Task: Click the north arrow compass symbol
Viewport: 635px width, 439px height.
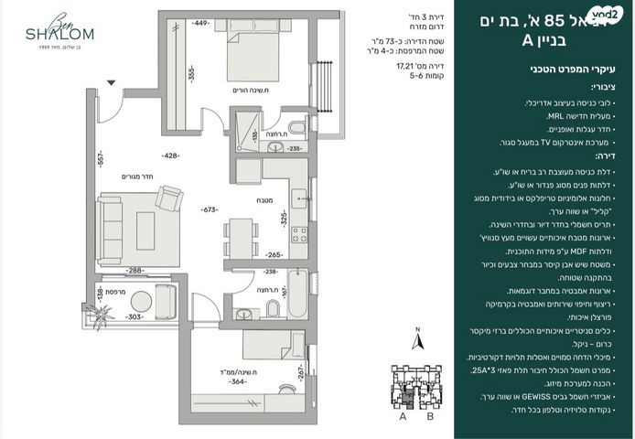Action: pyautogui.click(x=416, y=339)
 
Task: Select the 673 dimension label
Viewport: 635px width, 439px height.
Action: pyautogui.click(x=211, y=209)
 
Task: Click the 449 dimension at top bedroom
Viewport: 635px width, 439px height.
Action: pyautogui.click(x=202, y=22)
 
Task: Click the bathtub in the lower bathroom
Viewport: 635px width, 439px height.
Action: pyautogui.click(x=296, y=294)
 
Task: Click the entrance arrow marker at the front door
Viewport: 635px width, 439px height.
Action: pyautogui.click(x=112, y=83)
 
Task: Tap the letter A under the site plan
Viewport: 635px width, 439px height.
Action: pyautogui.click(x=404, y=416)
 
